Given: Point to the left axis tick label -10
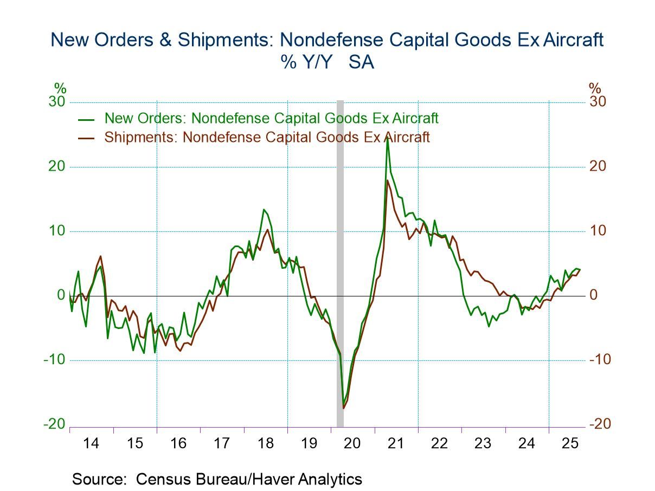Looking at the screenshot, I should coord(54,360).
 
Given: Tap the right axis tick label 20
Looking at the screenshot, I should coord(598,166).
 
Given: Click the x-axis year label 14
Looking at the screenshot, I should coord(91,443).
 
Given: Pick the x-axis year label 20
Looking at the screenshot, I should coord(352,443).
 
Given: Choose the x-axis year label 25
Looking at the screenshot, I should coord(570,443).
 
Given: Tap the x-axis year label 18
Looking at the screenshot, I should coord(265,443).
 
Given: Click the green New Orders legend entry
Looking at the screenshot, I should coord(271,118).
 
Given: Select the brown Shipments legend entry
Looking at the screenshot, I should coord(267,137).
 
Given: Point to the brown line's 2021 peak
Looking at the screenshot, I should coord(387,180).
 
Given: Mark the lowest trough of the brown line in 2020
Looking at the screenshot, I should coord(344,408).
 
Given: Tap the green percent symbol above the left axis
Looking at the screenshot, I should coord(60,88).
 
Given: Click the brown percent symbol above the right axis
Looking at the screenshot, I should coord(595,88).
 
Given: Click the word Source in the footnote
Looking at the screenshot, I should coord(101,479).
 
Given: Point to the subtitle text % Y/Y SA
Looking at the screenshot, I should coord(327,62).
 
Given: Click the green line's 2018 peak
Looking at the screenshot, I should coord(264,210).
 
